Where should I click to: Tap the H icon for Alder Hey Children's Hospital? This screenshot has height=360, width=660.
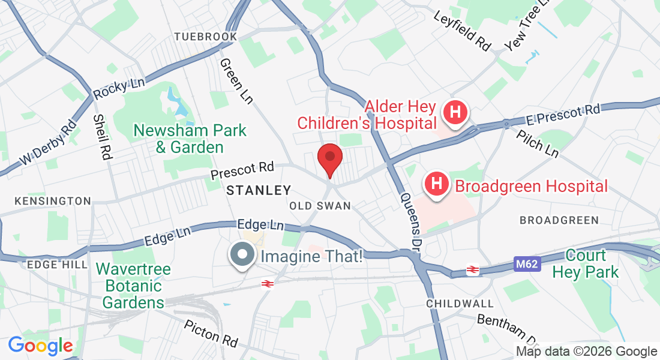click(x=455, y=112)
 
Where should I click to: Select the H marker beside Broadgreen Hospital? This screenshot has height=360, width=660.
click(x=437, y=182)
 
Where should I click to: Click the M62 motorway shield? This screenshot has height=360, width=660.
click(x=526, y=263)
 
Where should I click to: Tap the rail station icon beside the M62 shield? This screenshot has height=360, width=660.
click(x=472, y=270)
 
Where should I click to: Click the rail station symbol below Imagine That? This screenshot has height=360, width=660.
click(x=268, y=283)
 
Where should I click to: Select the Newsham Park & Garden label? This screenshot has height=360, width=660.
click(x=190, y=138)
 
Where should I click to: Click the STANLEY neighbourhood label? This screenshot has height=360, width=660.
click(x=259, y=191)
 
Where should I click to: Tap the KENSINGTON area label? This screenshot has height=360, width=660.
click(x=53, y=201)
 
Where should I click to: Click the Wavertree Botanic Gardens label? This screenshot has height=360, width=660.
click(x=133, y=286)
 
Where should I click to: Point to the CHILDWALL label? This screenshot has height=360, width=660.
click(x=460, y=304)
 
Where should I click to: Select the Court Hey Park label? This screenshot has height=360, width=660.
click(x=585, y=263)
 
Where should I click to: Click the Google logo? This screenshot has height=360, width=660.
click(x=40, y=346)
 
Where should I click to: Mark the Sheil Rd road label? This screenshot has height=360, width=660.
click(x=103, y=137)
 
